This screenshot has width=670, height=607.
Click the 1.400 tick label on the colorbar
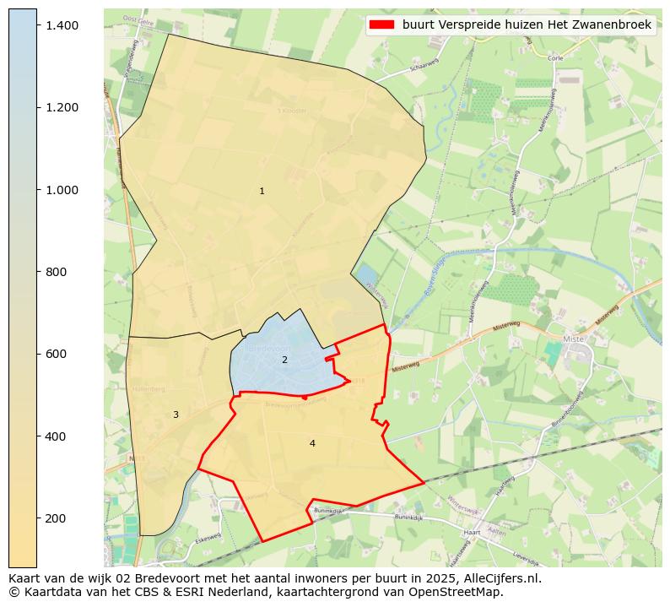click(62, 26)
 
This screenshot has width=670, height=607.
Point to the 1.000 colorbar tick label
click(62, 190)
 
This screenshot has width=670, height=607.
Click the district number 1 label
click(262, 192)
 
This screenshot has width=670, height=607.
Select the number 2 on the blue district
click(284, 360)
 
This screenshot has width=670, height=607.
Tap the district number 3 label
click(176, 415)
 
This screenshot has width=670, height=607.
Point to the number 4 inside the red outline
click(312, 444)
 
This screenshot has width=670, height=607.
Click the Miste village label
click(573, 339)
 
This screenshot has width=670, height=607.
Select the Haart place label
click(473, 534)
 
